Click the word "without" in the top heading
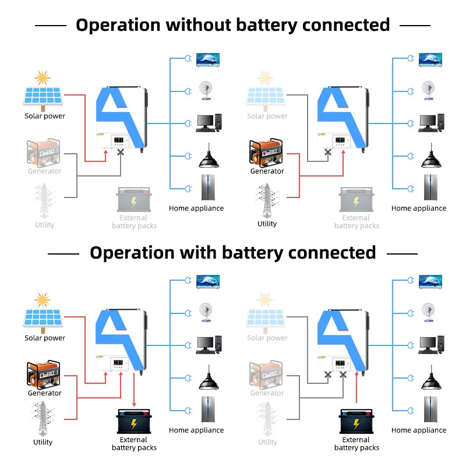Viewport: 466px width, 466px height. tap(198, 24)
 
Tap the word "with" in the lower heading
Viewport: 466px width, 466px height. tap(198, 253)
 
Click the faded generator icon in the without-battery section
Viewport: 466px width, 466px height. tap(44, 152)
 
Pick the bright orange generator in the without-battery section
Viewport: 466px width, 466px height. tap(266, 152)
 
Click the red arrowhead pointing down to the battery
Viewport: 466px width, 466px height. tap(134, 405)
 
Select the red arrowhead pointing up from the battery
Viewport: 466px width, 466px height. tap(356, 373)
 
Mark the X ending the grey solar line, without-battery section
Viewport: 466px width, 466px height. tap(328, 152)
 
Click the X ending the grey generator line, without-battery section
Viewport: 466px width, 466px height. tap(121, 152)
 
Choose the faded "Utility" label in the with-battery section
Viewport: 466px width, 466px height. tap(267, 442)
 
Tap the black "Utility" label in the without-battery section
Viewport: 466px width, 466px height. tap(267, 224)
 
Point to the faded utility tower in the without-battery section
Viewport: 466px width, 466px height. tap(44, 201)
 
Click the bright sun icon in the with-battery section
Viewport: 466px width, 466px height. tap(43, 300)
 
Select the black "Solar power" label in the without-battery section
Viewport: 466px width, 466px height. tap(45, 116)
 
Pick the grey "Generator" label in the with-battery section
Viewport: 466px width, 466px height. tap(267, 393)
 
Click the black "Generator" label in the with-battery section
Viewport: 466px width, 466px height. tap(45, 393)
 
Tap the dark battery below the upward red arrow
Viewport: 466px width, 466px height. tap(356, 421)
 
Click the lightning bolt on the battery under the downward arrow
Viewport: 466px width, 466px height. tap(134, 424)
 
